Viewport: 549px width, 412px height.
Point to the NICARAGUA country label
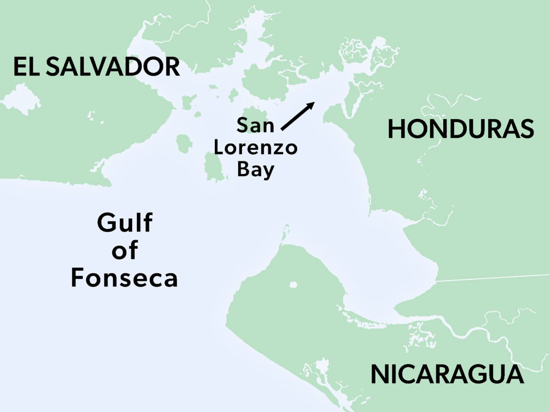click(447, 374)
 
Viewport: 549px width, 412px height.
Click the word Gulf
click(124, 223)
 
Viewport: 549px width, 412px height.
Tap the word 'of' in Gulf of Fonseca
click(124, 250)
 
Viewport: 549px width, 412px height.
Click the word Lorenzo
click(255, 148)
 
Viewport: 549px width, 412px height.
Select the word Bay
click(255, 170)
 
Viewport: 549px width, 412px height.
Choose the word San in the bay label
click(255, 125)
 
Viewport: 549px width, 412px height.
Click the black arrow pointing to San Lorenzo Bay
click(297, 116)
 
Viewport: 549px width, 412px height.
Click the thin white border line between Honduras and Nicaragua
click(493, 277)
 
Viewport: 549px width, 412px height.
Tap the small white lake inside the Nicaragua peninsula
click(293, 285)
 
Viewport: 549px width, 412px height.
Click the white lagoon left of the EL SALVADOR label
click(21, 99)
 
